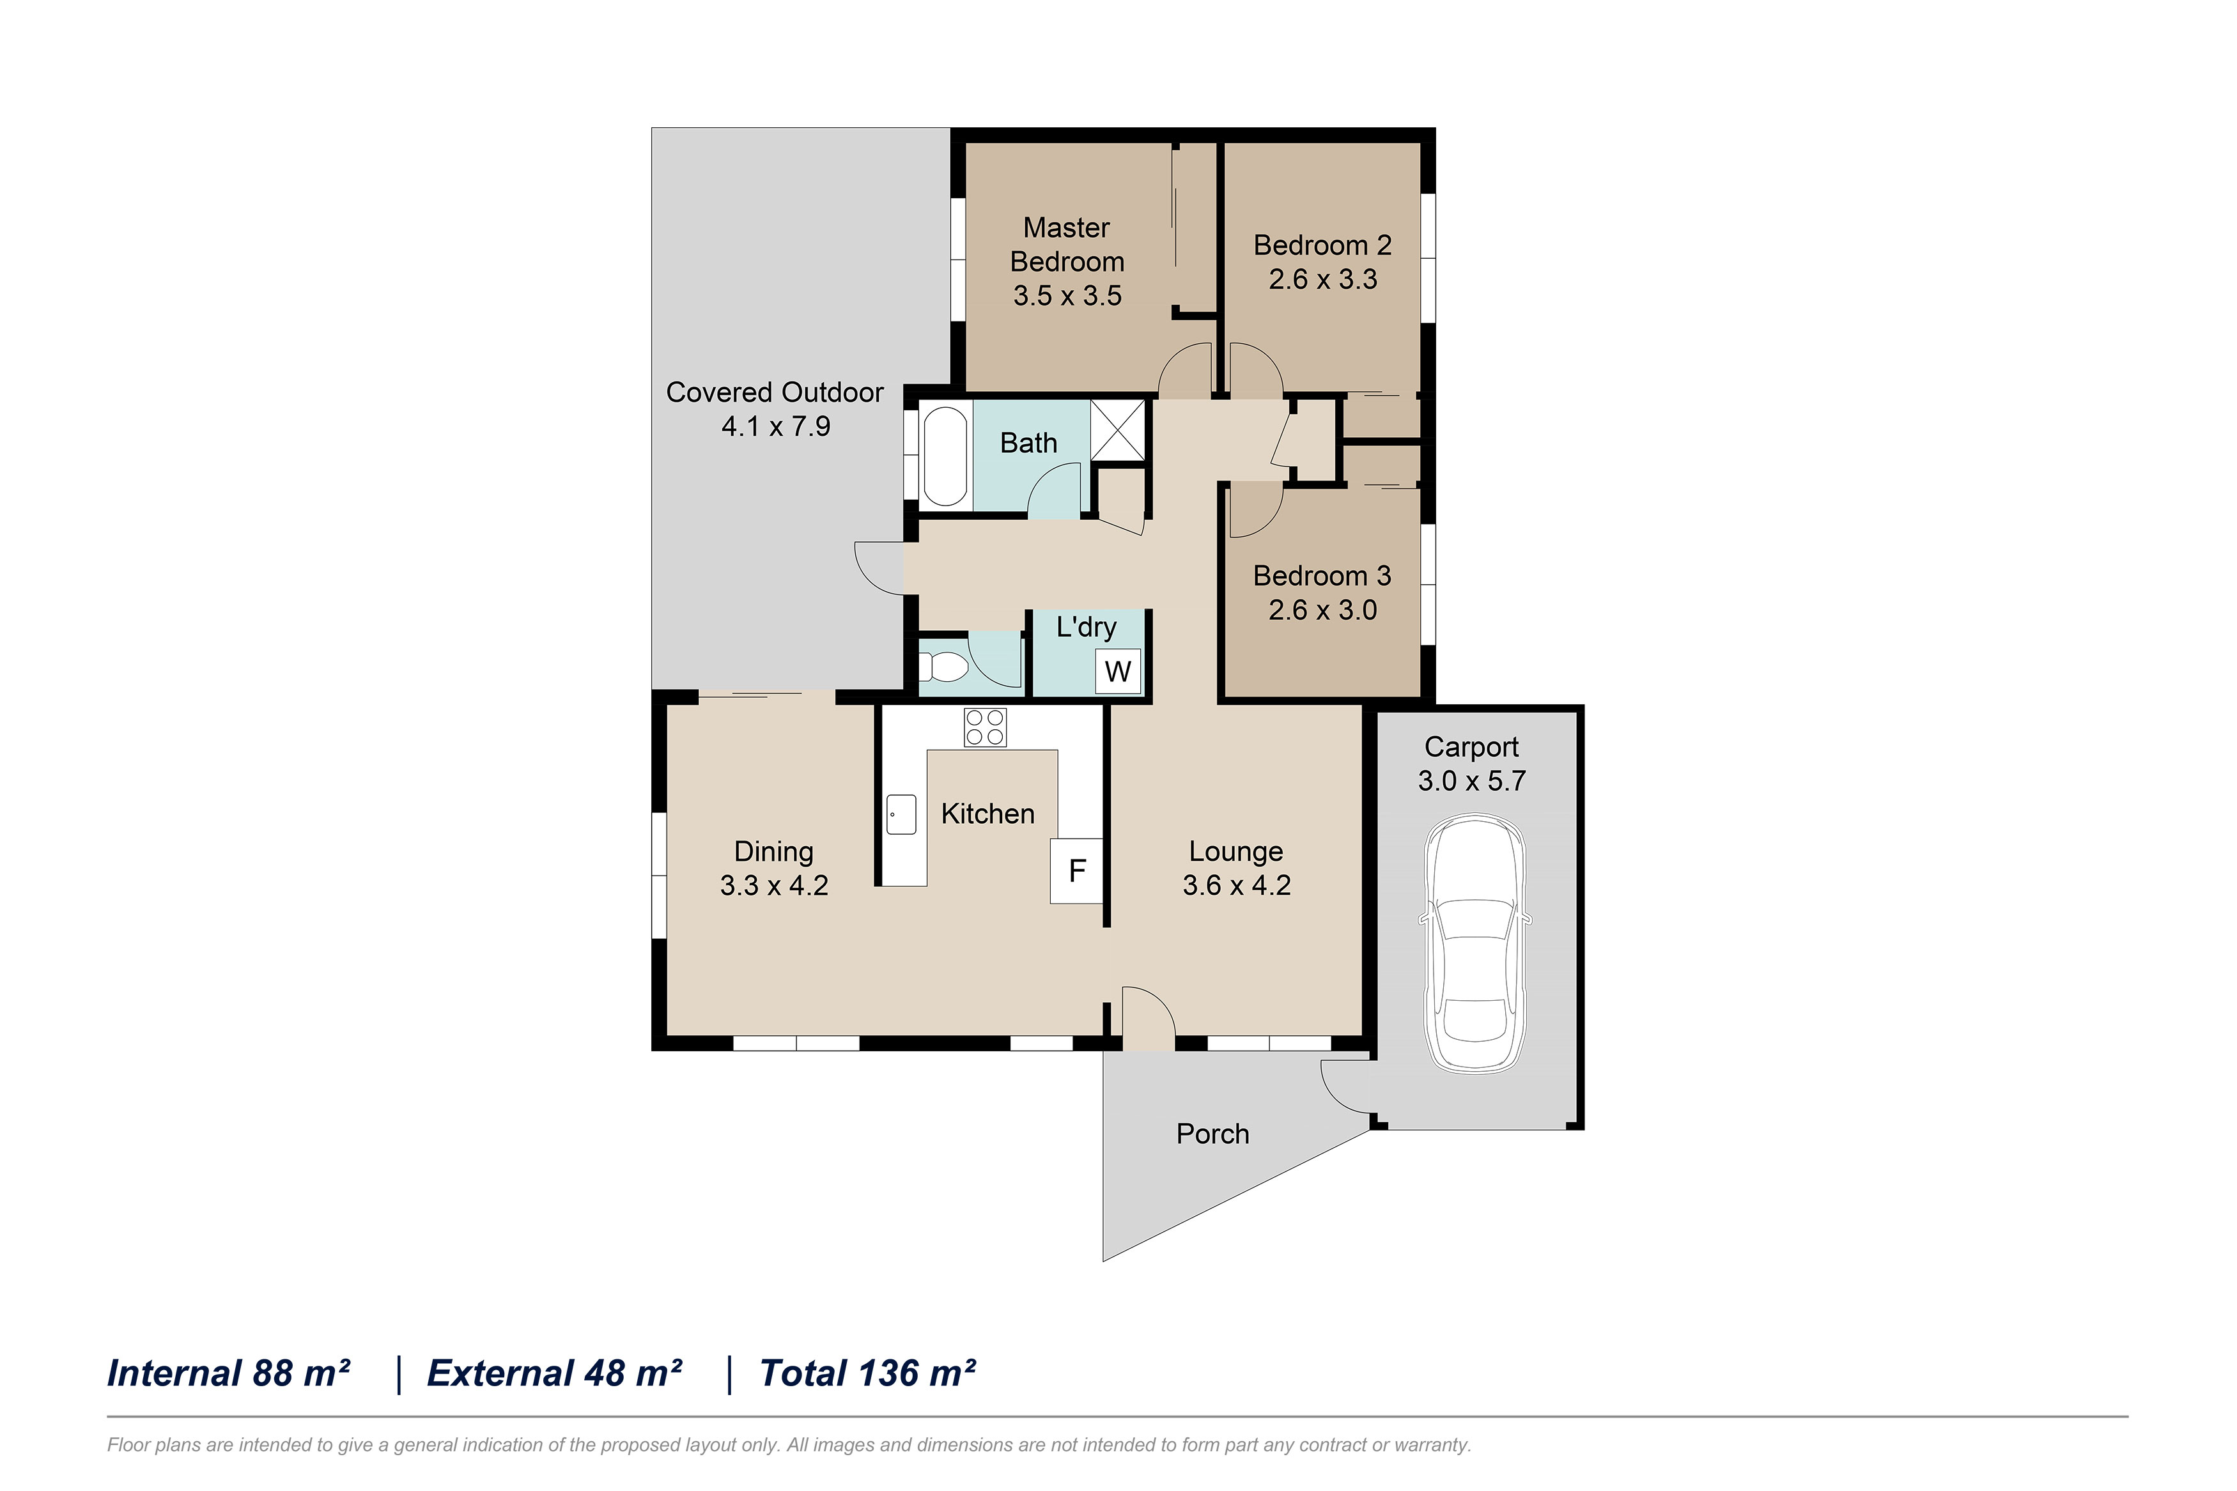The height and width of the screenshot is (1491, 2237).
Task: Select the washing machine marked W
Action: pyautogui.click(x=1117, y=671)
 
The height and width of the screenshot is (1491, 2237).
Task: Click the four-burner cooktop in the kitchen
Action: pyautogui.click(x=984, y=727)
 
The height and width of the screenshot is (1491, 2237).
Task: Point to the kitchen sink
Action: pyautogui.click(x=901, y=814)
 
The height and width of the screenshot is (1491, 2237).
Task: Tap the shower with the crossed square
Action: pyautogui.click(x=1118, y=431)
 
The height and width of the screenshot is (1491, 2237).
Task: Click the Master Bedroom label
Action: pyautogui.click(x=1067, y=244)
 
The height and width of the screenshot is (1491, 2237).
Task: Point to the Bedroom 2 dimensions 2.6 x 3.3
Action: pyautogui.click(x=1322, y=279)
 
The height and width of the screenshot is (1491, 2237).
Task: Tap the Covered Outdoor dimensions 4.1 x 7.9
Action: pyautogui.click(x=776, y=426)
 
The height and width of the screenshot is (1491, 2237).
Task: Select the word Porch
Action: pyautogui.click(x=1212, y=1134)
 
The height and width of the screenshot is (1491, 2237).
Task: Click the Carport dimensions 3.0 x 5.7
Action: pyautogui.click(x=1472, y=781)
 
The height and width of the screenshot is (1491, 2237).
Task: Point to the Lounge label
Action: pyautogui.click(x=1236, y=851)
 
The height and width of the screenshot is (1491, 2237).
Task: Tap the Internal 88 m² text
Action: pyautogui.click(x=228, y=1373)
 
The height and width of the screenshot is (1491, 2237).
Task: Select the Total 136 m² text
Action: pyautogui.click(x=867, y=1373)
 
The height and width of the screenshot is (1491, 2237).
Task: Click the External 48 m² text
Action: pyautogui.click(x=554, y=1373)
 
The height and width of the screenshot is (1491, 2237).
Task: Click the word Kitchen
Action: pyautogui.click(x=987, y=814)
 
